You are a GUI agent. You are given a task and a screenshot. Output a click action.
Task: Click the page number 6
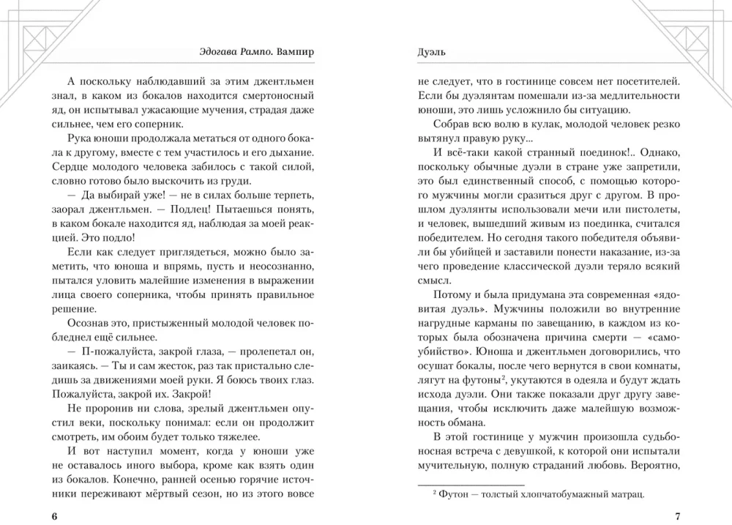pyautogui.click(x=54, y=516)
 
